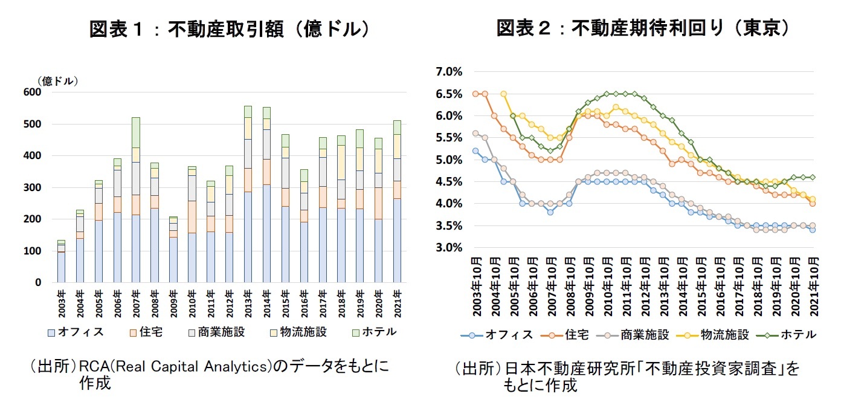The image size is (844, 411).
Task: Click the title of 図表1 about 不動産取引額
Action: point(229,28)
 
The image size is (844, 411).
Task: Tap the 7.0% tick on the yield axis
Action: point(448,72)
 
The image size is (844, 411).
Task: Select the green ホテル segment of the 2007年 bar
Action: point(136,132)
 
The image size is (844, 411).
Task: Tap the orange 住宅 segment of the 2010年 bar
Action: point(192,217)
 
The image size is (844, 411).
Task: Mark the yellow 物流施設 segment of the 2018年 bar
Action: point(341,162)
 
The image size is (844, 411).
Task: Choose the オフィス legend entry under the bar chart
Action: point(76,331)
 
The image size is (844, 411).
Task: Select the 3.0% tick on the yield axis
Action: point(448,248)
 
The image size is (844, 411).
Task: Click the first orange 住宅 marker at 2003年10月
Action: point(475,94)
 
